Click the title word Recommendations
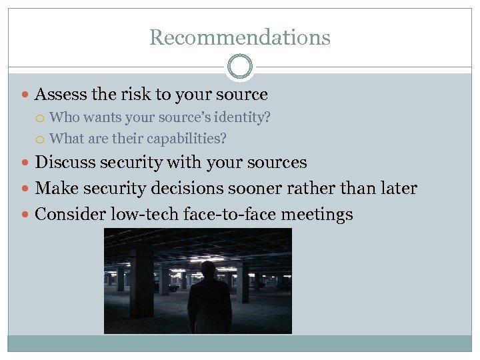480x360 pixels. (x=239, y=37)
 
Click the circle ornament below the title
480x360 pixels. (x=239, y=67)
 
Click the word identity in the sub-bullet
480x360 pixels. (x=246, y=118)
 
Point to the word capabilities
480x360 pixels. (x=188, y=139)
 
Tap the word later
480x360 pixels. (x=397, y=189)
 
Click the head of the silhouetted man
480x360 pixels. (x=208, y=271)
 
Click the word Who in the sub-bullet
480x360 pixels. (x=61, y=118)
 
